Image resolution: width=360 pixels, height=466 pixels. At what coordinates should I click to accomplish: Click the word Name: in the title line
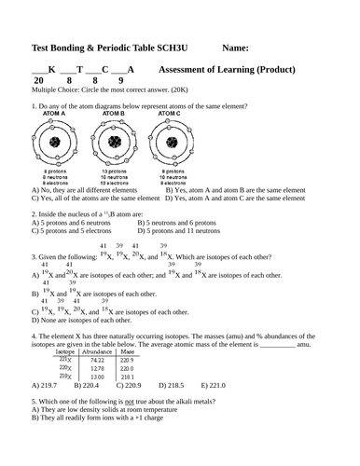[x=240, y=48]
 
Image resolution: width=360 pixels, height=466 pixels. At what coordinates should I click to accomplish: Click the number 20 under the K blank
[x=38, y=81]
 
